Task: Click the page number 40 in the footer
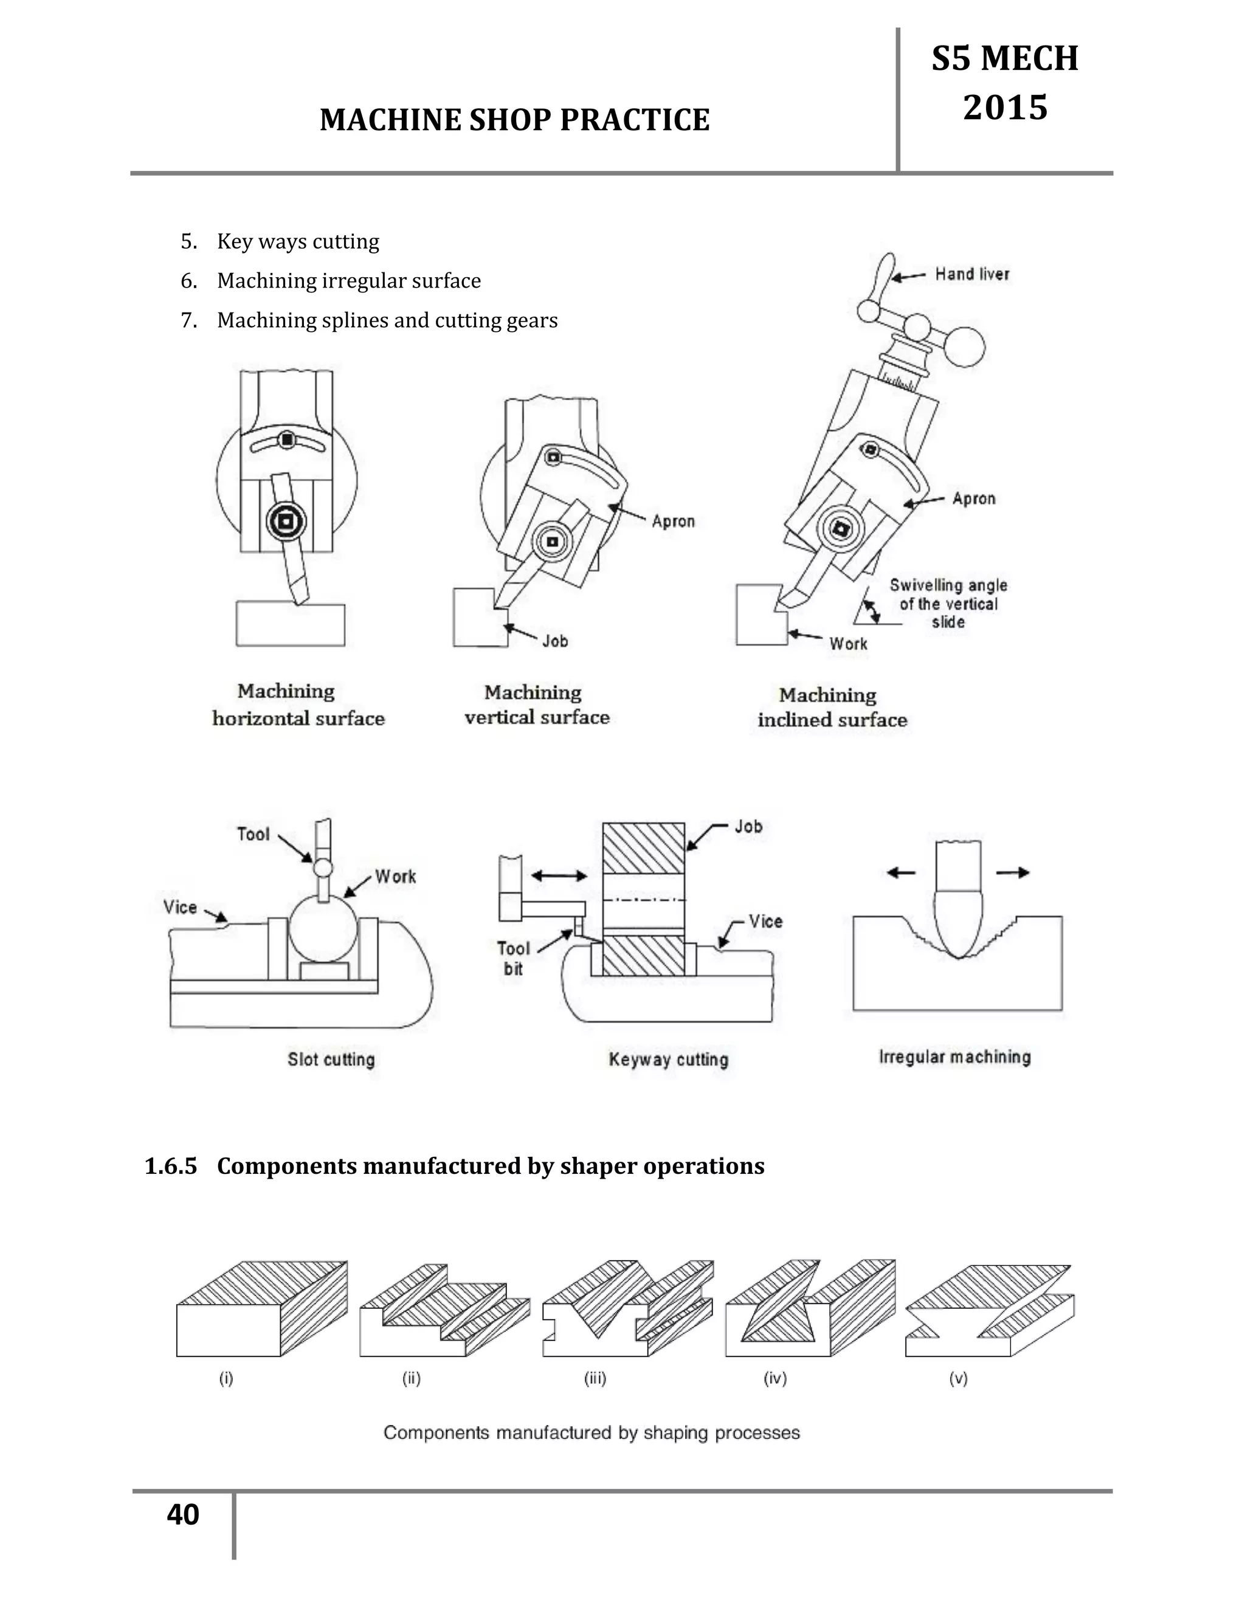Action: tap(183, 1515)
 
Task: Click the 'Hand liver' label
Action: tap(971, 274)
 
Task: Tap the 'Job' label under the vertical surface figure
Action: tap(556, 641)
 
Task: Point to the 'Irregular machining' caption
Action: tap(954, 1057)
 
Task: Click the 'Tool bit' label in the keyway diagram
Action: tap(513, 958)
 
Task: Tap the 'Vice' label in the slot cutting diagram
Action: tap(180, 906)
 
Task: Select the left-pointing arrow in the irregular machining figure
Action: tap(902, 872)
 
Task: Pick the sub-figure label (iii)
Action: tap(595, 1378)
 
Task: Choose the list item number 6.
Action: tap(189, 281)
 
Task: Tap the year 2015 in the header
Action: tap(1004, 108)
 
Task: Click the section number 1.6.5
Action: tap(171, 1166)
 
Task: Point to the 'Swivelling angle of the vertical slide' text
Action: tap(948, 604)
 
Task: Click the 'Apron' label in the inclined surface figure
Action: tap(974, 498)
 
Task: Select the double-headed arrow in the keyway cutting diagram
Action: tap(559, 875)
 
